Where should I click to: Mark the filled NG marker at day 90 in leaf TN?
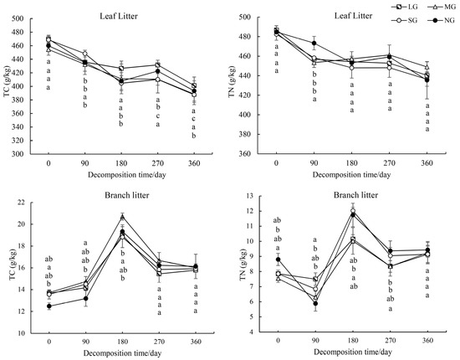314,44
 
